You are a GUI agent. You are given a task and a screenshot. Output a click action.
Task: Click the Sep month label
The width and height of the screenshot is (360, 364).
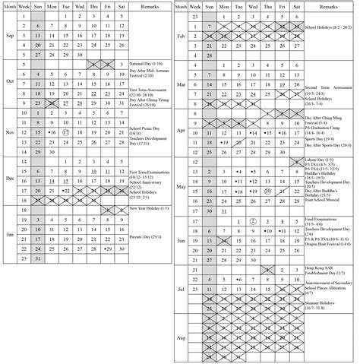[9, 35]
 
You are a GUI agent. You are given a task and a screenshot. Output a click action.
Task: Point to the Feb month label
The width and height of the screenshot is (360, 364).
[181, 36]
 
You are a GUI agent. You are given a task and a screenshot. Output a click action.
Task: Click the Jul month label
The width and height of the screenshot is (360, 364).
[181, 290]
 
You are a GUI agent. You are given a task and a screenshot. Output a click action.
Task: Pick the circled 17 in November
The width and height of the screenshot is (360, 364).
[67, 131]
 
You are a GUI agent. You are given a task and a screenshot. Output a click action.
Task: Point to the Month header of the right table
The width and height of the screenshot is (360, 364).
[181, 5]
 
